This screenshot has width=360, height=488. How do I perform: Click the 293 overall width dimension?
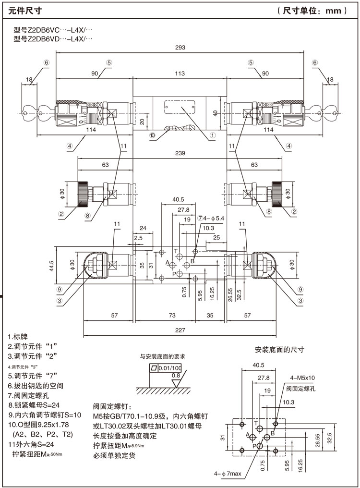[180, 48]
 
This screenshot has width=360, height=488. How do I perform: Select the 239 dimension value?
[180, 153]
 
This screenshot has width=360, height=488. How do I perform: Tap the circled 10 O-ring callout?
[152, 135]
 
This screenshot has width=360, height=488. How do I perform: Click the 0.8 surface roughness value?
[176, 375]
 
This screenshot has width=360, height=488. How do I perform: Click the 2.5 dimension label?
[138, 238]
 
